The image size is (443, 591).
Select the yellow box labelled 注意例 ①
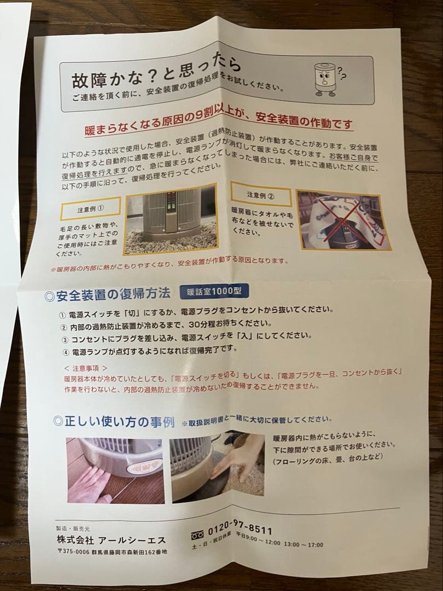pos(90,208)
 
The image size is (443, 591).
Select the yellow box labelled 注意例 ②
pos(261,194)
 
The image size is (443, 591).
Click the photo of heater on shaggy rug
pos(171,219)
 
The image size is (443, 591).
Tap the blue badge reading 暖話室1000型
pos(214,291)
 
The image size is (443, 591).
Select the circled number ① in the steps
pos(62,315)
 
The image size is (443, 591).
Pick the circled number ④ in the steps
pos(66,353)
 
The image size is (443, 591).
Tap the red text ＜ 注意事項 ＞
pos(85,368)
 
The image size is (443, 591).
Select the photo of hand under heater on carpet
pos(217,467)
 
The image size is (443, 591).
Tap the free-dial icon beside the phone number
pos(197,534)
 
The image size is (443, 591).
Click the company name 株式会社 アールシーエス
pos(111,540)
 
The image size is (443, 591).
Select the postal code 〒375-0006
pos(73,552)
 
